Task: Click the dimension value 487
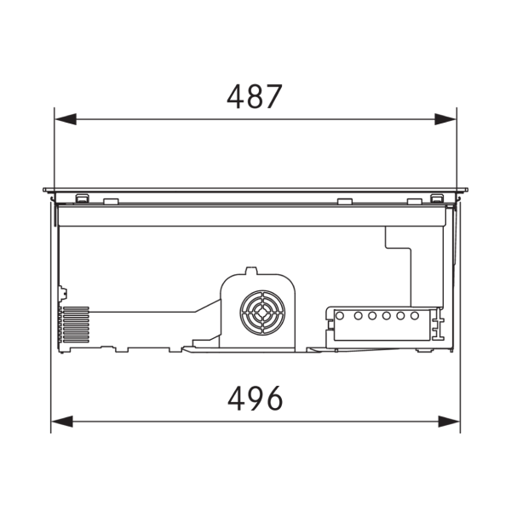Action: [254, 96]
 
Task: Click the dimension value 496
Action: [255, 398]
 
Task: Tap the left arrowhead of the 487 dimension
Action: [65, 119]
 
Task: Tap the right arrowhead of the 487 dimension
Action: [446, 119]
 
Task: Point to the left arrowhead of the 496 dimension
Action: [61, 421]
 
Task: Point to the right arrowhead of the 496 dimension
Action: [450, 421]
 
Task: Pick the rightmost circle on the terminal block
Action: [415, 316]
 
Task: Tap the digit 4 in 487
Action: [236, 96]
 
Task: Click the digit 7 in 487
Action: [273, 96]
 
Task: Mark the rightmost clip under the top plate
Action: [437, 198]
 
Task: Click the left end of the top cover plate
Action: [44, 189]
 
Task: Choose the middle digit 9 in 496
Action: [254, 398]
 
